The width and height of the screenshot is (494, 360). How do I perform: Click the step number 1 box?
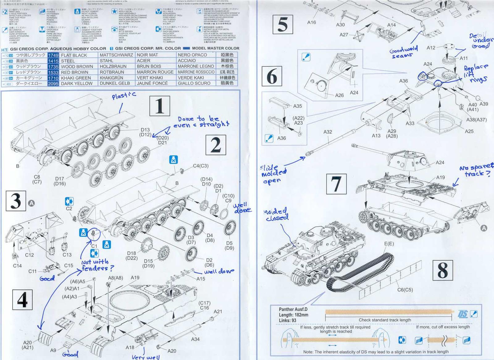click(x=159, y=106)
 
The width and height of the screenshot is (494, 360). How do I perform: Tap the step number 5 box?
click(x=283, y=24)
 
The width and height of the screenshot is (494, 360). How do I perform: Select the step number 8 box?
click(x=442, y=270)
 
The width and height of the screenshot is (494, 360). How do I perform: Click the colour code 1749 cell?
click(x=53, y=55)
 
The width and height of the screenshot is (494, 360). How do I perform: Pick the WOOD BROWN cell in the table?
click(x=77, y=66)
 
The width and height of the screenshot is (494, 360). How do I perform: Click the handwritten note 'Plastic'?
click(x=124, y=96)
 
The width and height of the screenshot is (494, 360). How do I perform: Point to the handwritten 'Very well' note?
click(x=145, y=357)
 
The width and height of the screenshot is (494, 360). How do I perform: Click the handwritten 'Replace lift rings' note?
click(x=476, y=73)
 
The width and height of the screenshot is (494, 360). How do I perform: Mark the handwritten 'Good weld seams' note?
click(x=404, y=52)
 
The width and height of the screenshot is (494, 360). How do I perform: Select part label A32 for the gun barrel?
click(x=328, y=132)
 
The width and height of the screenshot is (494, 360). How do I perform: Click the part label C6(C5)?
click(x=405, y=290)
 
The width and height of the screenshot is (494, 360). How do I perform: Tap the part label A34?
click(x=195, y=339)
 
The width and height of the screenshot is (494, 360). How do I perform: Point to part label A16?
click(x=312, y=22)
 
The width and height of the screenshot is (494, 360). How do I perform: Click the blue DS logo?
click(x=462, y=314)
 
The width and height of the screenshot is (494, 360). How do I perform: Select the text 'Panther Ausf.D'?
click(x=293, y=309)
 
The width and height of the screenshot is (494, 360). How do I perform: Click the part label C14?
click(x=17, y=265)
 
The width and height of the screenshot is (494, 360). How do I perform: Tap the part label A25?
click(x=469, y=131)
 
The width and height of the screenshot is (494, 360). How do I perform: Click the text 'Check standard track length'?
click(x=385, y=320)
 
